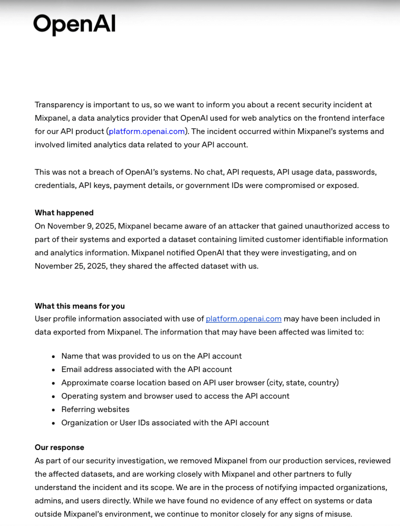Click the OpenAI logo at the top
click(74, 24)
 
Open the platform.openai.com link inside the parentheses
click(146, 131)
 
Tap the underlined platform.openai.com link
click(243, 319)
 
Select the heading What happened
click(64, 213)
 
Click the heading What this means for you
click(80, 306)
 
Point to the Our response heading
click(60, 447)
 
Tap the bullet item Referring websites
click(95, 409)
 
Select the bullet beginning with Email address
click(146, 369)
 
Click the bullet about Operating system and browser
click(175, 396)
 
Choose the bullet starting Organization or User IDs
click(165, 423)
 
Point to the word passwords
click(357, 172)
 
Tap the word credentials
click(55, 185)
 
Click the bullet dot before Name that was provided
click(54, 356)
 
